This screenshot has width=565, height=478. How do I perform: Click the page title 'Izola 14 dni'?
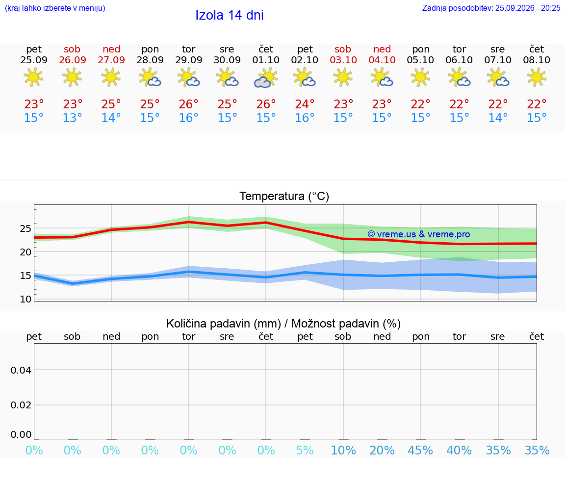(230, 15)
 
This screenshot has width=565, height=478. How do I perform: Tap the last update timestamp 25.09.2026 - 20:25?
(528, 8)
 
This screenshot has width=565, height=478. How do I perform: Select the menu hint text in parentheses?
(55, 8)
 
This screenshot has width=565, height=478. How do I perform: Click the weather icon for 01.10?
(266, 78)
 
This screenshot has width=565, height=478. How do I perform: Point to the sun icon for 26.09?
(72, 77)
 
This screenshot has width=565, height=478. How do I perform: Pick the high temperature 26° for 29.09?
(188, 104)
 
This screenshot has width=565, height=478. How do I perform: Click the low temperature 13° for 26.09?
(73, 118)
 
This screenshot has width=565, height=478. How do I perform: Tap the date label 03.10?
(343, 60)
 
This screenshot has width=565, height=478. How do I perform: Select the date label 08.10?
(537, 60)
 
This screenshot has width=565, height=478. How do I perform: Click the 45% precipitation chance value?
(420, 450)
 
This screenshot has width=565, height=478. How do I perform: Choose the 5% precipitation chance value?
(305, 450)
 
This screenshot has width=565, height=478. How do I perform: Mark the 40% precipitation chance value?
(459, 450)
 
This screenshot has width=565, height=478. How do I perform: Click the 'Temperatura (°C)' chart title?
(284, 196)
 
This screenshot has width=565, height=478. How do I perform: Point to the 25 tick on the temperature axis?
(26, 229)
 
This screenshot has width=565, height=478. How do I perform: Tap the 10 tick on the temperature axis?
(26, 299)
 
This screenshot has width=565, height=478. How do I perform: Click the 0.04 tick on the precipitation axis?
(21, 370)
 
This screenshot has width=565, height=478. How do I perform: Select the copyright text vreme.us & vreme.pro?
(419, 234)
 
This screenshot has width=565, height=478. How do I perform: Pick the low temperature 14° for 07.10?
(498, 118)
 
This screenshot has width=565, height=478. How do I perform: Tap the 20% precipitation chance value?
(382, 450)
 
